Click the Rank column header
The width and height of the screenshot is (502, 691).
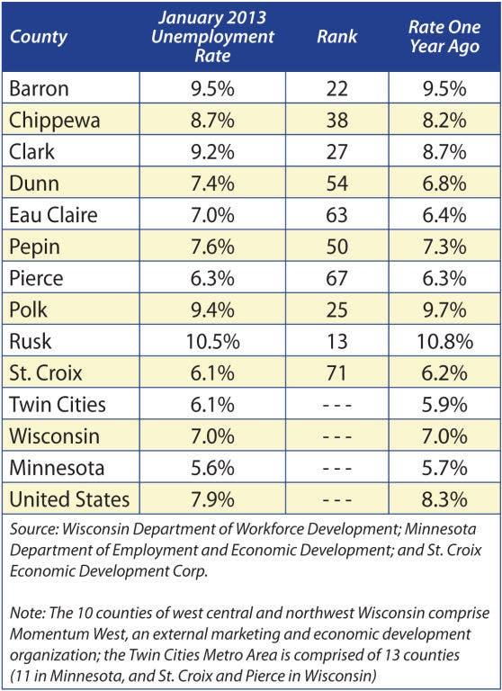coord(337,37)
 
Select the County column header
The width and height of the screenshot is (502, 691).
coord(39,37)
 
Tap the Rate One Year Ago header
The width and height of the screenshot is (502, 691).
coord(444,37)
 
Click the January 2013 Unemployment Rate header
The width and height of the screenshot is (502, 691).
coord(212,37)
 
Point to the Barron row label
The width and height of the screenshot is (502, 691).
coord(39,88)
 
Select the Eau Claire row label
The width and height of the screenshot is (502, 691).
coord(53,215)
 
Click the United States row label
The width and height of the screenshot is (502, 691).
coord(69,499)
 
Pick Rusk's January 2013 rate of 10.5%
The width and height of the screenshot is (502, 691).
coord(213,342)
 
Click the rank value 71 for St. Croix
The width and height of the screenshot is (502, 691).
coord(337,373)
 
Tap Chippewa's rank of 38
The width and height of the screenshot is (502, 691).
coord(337,121)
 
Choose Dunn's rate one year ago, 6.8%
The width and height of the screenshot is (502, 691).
coord(444,184)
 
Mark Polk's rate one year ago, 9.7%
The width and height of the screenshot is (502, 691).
coord(444,310)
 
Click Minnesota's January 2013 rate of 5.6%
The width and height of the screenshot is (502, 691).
coord(212,468)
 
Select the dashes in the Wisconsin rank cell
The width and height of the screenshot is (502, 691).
coord(337,436)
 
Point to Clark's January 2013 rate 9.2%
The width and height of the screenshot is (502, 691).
coord(212,152)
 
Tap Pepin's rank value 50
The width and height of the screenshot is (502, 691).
coord(337,247)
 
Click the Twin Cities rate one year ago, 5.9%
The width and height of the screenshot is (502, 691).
coord(444,405)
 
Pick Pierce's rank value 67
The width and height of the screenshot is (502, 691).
coord(337,279)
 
